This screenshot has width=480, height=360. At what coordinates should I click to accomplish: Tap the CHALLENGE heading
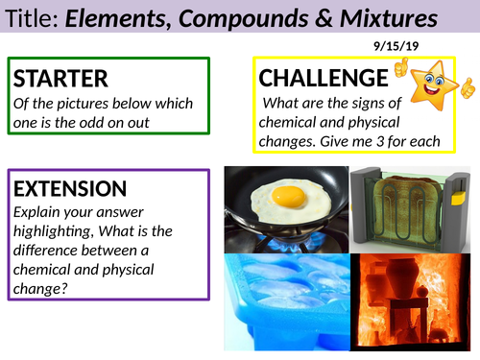pyautogui.click(x=322, y=78)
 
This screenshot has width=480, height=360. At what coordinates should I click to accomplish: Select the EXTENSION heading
pyautogui.click(x=70, y=188)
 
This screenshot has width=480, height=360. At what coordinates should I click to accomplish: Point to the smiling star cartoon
pyautogui.click(x=438, y=82)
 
